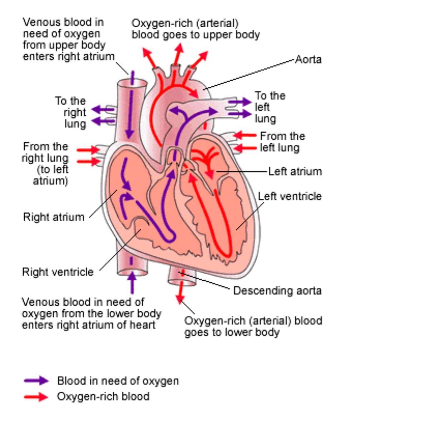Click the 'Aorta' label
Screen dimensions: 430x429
tap(308, 59)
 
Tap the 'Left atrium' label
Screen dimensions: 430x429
tap(295, 171)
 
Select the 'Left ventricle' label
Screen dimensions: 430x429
tap(289, 196)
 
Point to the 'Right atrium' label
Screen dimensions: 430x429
tap(54, 217)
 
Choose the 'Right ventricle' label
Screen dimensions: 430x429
tap(58, 272)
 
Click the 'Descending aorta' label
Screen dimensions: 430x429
tap(277, 290)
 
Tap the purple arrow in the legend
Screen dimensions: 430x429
tap(36, 381)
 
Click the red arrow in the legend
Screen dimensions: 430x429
tap(36, 397)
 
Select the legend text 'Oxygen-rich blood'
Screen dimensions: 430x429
tap(103, 397)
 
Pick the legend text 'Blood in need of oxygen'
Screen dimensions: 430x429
tap(118, 381)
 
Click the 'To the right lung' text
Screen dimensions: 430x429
tap(71, 112)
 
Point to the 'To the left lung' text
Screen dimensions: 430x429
tap(270, 107)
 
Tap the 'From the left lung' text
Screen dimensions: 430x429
tap(282, 142)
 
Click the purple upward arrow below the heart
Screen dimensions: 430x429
tap(132, 282)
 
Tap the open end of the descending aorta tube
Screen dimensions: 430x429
tap(182, 282)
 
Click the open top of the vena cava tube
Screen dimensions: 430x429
tap(132, 83)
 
